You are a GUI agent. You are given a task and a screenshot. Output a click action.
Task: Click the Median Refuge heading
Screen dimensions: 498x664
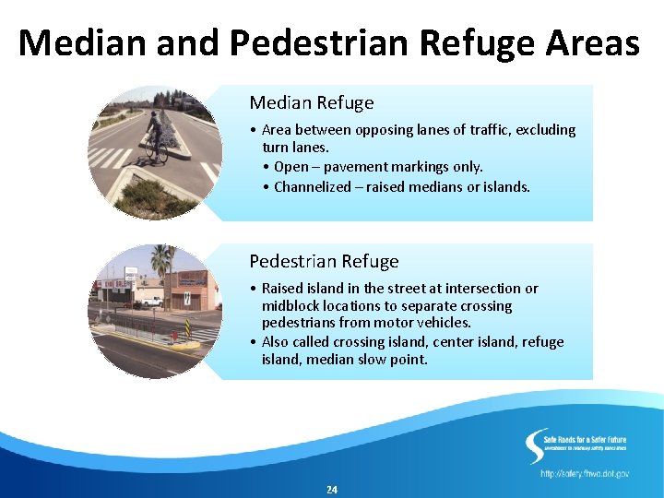(x=312, y=102)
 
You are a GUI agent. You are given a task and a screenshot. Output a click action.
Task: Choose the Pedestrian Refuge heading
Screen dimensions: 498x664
(x=324, y=261)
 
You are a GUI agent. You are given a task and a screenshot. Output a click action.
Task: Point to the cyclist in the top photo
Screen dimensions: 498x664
(x=154, y=132)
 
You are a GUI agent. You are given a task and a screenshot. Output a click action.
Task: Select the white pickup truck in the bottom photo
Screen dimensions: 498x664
(x=148, y=302)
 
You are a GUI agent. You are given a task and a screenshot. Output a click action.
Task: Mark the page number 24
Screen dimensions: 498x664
(x=332, y=490)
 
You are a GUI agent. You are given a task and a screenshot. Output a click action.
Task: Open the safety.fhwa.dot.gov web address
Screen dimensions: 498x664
(x=585, y=473)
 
